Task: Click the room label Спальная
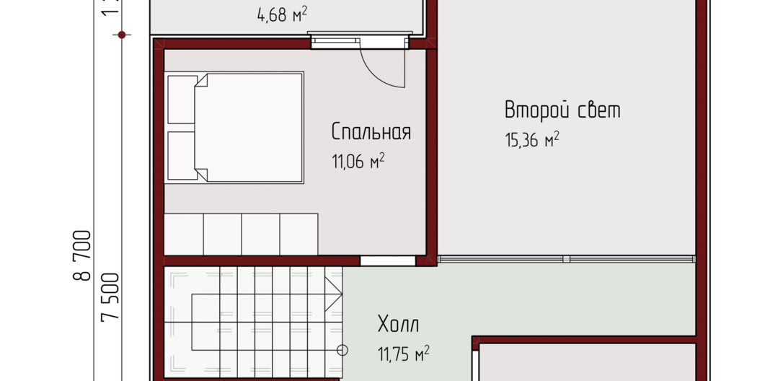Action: (371, 132)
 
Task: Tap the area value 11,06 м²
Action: (358, 161)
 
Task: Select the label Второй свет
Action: (562, 110)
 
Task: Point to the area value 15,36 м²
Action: (532, 140)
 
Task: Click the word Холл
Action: (398, 324)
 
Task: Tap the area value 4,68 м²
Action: (282, 15)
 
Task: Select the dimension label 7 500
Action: (110, 297)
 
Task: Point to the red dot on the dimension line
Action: (122, 35)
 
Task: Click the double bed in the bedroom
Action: (234, 128)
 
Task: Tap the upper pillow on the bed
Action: (182, 99)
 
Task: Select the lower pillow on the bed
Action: (182, 156)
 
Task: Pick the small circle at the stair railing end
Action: (342, 350)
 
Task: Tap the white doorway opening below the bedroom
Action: (388, 260)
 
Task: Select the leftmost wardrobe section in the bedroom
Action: (183, 234)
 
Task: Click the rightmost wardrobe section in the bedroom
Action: (299, 234)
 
